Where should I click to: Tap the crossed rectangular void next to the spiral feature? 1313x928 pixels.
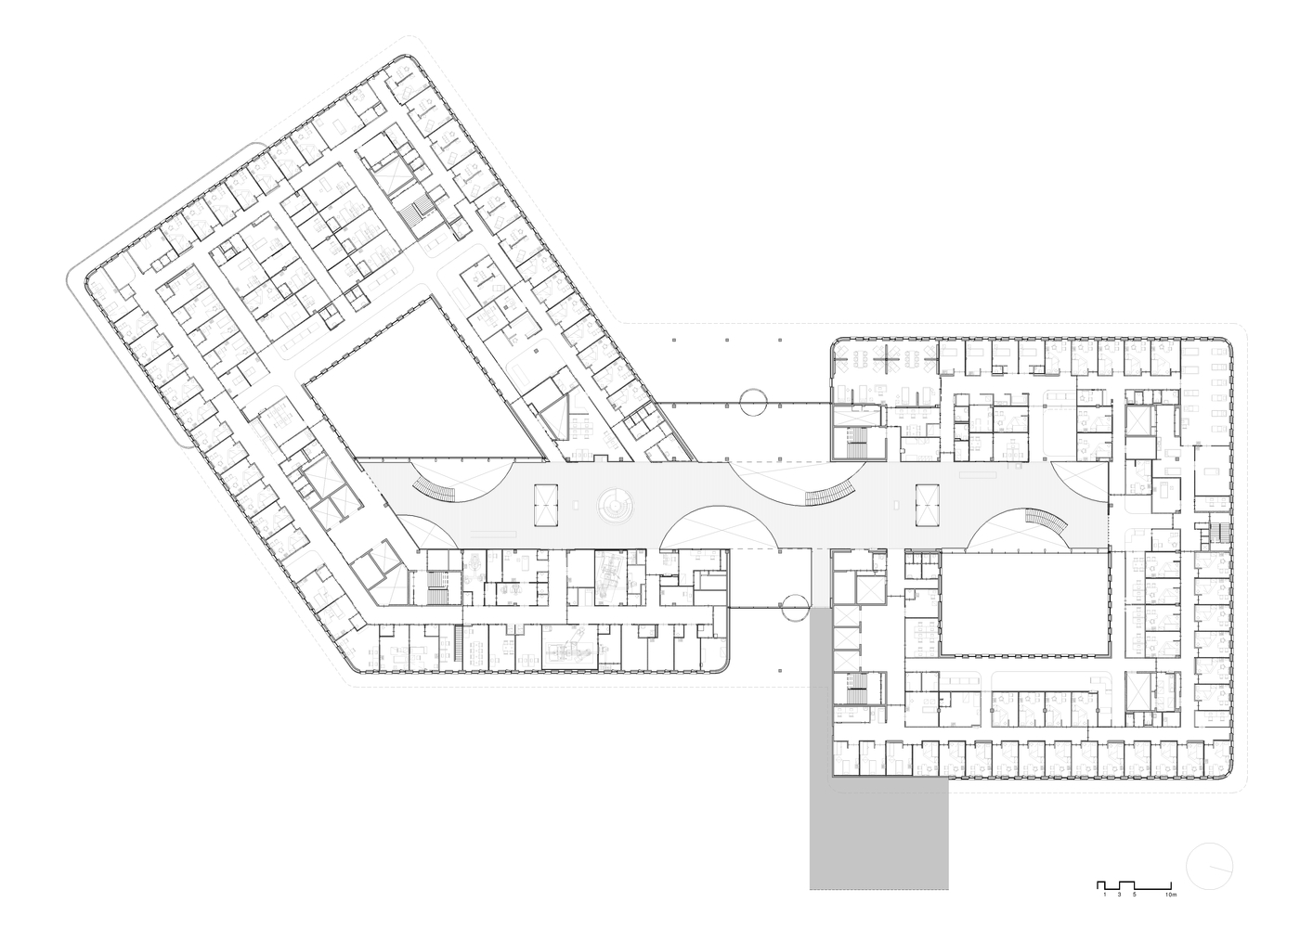click(544, 505)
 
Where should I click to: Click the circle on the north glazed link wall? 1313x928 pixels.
click(754, 403)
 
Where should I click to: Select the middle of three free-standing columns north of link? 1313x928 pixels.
click(727, 340)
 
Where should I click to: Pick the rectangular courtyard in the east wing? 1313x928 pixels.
click(1025, 603)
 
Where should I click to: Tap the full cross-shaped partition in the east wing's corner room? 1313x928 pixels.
click(889, 355)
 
